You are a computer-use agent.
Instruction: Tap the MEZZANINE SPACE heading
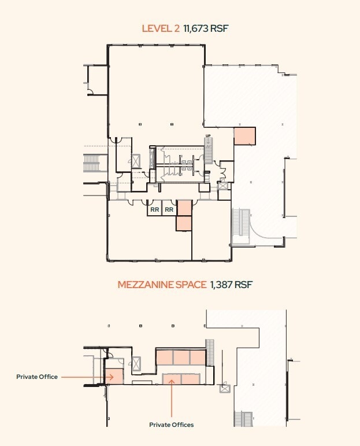(162, 285)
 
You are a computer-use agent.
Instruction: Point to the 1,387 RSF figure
(231, 285)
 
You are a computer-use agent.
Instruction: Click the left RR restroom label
(154, 210)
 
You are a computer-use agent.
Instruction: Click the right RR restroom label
(169, 210)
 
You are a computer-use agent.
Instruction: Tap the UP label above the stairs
(209, 137)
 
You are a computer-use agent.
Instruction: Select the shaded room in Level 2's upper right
(244, 136)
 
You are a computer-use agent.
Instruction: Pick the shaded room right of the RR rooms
(184, 208)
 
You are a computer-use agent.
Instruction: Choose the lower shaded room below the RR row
(184, 223)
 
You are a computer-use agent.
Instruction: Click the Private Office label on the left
(37, 377)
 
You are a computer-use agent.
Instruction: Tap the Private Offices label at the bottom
(172, 425)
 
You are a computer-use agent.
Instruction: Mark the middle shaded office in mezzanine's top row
(181, 357)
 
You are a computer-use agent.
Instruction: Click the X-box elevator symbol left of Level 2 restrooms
(136, 161)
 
